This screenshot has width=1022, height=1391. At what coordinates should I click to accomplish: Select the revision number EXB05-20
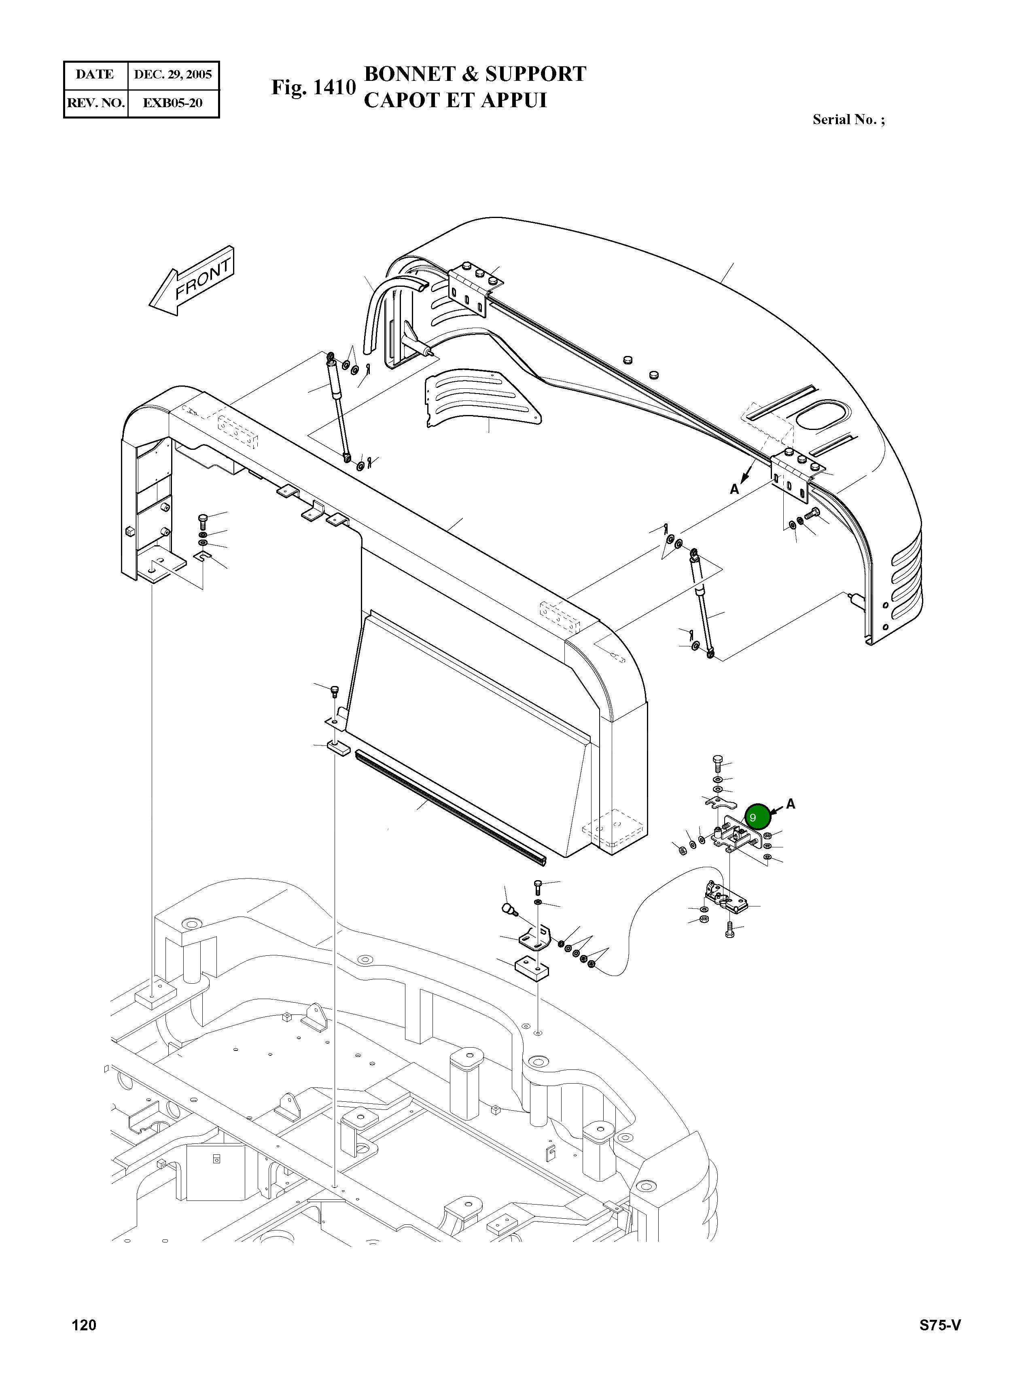[x=173, y=103]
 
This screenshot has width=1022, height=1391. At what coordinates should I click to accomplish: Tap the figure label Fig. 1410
[x=314, y=87]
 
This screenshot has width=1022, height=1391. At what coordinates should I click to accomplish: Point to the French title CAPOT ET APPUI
[x=455, y=100]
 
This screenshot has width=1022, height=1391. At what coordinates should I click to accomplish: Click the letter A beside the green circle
[x=791, y=804]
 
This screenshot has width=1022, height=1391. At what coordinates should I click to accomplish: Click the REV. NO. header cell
[x=96, y=103]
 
